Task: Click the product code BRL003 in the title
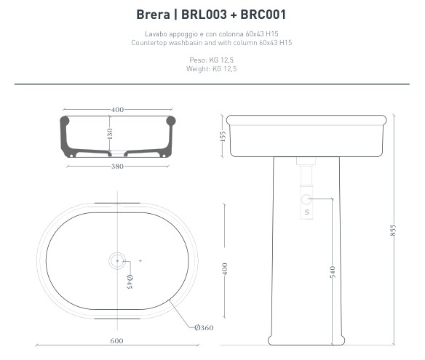(x=204, y=15)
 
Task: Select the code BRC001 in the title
(x=263, y=15)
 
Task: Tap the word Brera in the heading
(x=153, y=15)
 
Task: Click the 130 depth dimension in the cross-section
(x=109, y=134)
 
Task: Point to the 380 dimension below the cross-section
(x=117, y=167)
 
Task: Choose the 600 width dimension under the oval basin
(x=116, y=341)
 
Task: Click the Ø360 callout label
(x=204, y=328)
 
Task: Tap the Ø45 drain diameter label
(x=130, y=281)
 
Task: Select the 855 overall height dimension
(x=393, y=231)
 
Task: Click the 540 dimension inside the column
(x=333, y=272)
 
